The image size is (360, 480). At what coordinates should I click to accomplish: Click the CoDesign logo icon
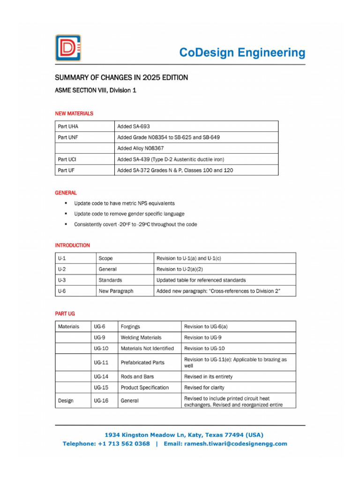(68, 48)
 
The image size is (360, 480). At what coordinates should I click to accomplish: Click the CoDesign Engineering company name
(242, 53)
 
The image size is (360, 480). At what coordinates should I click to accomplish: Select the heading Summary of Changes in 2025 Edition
(121, 78)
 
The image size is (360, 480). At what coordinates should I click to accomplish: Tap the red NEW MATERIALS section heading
(74, 113)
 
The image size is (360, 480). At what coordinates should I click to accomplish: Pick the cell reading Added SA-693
(134, 127)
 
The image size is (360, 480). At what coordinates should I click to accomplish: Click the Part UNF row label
(68, 137)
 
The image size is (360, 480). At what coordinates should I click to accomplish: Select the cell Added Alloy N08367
(140, 148)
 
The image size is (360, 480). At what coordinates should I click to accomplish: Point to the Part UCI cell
(67, 159)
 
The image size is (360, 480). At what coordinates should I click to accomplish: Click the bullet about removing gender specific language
(129, 214)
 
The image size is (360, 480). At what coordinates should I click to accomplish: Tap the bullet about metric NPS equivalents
(124, 203)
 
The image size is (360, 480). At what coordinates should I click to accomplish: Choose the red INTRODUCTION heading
(72, 245)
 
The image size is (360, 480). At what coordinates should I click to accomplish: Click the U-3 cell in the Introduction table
(62, 280)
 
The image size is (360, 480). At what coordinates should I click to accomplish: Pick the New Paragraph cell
(116, 291)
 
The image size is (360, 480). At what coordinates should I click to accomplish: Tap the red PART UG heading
(65, 314)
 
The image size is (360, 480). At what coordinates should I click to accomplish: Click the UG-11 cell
(101, 362)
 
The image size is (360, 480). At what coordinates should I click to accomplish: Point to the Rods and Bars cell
(137, 377)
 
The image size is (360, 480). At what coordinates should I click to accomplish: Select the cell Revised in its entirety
(208, 377)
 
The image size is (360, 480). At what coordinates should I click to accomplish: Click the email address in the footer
(236, 443)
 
